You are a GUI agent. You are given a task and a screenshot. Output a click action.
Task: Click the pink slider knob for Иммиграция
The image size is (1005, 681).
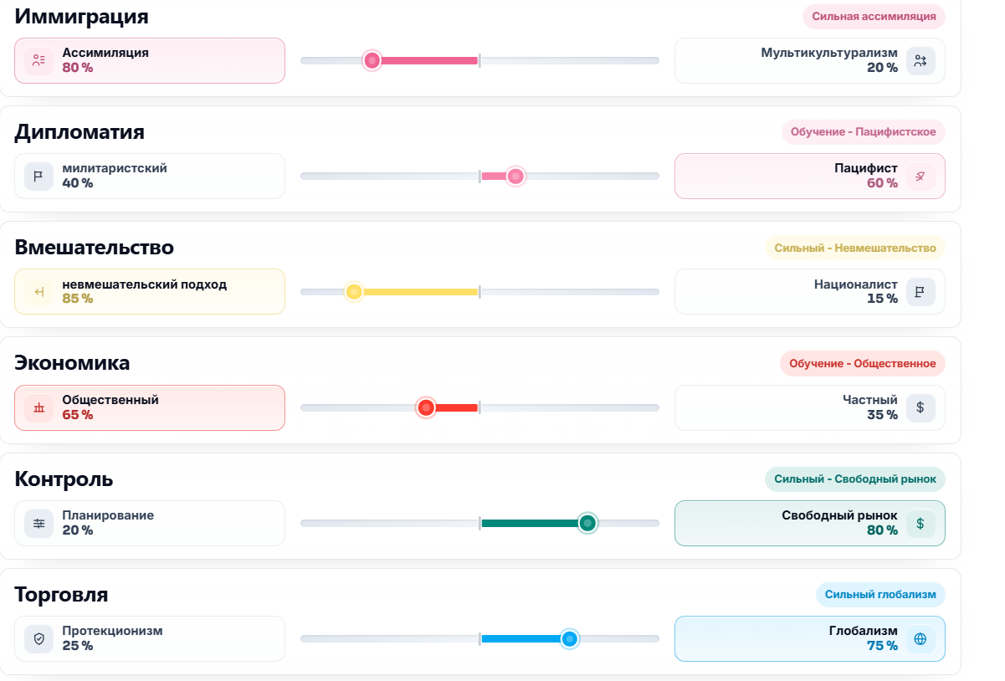pyautogui.click(x=372, y=60)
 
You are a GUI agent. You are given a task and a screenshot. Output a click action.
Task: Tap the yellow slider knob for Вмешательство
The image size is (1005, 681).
pyautogui.click(x=354, y=292)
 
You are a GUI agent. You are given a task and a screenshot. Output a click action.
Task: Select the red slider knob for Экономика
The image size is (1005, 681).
pyautogui.click(x=426, y=407)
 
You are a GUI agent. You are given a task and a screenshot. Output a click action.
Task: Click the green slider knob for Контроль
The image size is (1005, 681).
pyautogui.click(x=587, y=523)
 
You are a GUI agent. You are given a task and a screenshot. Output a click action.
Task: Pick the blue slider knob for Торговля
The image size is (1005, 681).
pyautogui.click(x=569, y=639)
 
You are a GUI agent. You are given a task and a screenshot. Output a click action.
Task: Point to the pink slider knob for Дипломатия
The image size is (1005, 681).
pyautogui.click(x=515, y=177)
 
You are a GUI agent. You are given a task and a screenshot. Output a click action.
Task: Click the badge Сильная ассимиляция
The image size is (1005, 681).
pyautogui.click(x=874, y=17)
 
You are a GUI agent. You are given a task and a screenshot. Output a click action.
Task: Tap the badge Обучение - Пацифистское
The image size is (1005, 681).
pyautogui.click(x=864, y=132)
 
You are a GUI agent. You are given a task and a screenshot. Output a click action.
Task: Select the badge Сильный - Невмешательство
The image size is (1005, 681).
pyautogui.click(x=854, y=248)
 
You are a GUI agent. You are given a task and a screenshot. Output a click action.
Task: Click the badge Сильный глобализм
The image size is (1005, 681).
pyautogui.click(x=880, y=595)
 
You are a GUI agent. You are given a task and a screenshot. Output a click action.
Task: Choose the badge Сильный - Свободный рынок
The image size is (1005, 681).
pyautogui.click(x=854, y=479)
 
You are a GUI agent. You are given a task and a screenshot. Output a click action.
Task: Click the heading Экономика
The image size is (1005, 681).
pyautogui.click(x=72, y=363)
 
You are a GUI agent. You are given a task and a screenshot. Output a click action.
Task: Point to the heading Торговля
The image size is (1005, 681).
pyautogui.click(x=61, y=595)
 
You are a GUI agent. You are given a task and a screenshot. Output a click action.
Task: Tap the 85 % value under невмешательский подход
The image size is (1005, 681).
pyautogui.click(x=78, y=299)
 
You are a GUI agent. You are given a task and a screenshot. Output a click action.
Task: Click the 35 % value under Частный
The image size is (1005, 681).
pyautogui.click(x=882, y=414)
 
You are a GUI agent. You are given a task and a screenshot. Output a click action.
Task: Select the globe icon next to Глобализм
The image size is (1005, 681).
pyautogui.click(x=920, y=639)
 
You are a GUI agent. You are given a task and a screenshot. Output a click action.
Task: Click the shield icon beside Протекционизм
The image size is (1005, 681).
pyautogui.click(x=39, y=639)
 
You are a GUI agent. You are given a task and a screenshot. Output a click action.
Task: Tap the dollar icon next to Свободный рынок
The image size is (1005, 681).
pyautogui.click(x=920, y=523)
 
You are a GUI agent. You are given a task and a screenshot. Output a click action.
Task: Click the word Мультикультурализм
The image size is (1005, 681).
pyautogui.click(x=829, y=53)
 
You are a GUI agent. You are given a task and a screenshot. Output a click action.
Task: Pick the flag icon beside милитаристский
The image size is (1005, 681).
pyautogui.click(x=38, y=177)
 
